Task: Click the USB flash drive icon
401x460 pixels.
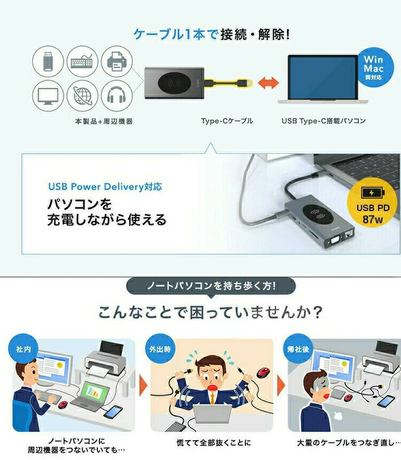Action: click(48, 61)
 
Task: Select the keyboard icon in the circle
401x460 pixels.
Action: click(82, 61)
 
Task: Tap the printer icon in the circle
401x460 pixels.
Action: click(117, 61)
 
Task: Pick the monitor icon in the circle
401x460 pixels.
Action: click(48, 96)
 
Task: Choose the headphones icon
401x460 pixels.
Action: click(117, 95)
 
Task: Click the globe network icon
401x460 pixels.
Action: click(82, 96)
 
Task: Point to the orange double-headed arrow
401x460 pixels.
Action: click(268, 83)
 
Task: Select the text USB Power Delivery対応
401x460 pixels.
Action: click(105, 186)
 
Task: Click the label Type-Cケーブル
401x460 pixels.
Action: click(227, 121)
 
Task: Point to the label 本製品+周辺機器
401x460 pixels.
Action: click(104, 121)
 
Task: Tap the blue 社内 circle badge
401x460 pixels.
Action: click(23, 349)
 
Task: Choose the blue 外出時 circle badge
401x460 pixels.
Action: click(160, 349)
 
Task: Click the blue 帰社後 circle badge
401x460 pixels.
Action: click(298, 349)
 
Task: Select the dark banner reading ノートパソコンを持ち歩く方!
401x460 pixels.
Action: click(211, 286)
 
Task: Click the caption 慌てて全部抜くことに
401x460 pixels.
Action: click(214, 442)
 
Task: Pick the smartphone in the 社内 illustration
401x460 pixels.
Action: click(113, 411)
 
